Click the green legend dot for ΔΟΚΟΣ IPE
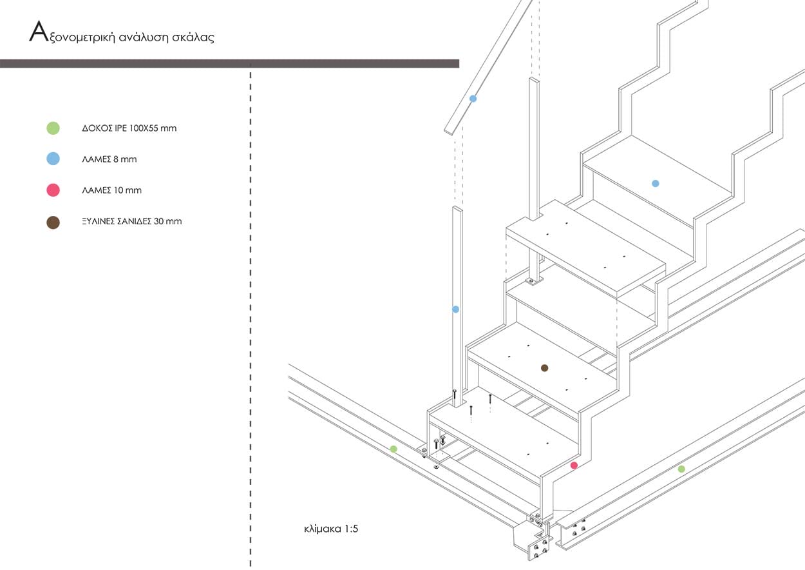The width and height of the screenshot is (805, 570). (x=53, y=128)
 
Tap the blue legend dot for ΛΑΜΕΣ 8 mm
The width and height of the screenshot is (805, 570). (x=53, y=159)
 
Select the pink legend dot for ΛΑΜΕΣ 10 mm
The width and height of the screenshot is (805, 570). (x=53, y=190)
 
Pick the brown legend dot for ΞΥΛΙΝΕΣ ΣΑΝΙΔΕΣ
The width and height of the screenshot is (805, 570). (x=53, y=222)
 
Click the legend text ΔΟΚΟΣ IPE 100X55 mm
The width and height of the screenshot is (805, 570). (x=129, y=128)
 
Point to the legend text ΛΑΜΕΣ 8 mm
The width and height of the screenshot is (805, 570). (x=109, y=159)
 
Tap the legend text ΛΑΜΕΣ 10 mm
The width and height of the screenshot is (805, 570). (x=112, y=190)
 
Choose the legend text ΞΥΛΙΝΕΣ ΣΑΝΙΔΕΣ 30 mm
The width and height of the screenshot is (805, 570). (x=132, y=221)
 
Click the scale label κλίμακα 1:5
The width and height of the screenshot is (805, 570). (x=331, y=529)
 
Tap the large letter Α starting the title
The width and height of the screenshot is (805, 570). (x=39, y=32)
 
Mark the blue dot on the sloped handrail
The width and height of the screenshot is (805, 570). (x=473, y=99)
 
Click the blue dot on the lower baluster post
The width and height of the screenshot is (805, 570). (x=456, y=309)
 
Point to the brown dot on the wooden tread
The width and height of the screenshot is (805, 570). (x=544, y=368)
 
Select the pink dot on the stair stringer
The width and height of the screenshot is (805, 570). (x=574, y=466)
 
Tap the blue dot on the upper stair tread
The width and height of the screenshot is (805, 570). (x=656, y=184)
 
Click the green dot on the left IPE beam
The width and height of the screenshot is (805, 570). (x=393, y=449)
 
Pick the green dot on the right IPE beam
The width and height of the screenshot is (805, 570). (x=681, y=469)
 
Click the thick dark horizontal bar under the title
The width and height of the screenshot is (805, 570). (x=230, y=64)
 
